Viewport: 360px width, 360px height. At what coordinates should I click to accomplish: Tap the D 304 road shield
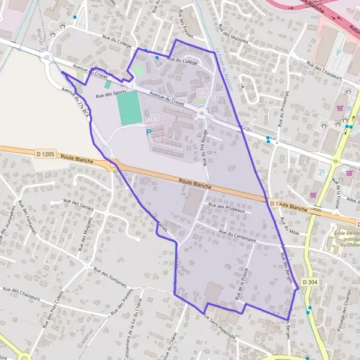[x=310, y=282]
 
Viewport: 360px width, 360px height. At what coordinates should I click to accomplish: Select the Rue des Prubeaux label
[x=226, y=208]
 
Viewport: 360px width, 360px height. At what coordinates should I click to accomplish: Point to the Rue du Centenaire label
[x=238, y=236]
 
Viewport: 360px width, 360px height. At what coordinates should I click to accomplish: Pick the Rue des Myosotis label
[x=233, y=38]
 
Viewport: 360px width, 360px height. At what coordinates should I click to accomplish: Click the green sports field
[x=128, y=108]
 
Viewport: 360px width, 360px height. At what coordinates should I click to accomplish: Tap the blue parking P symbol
[x=149, y=133]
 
